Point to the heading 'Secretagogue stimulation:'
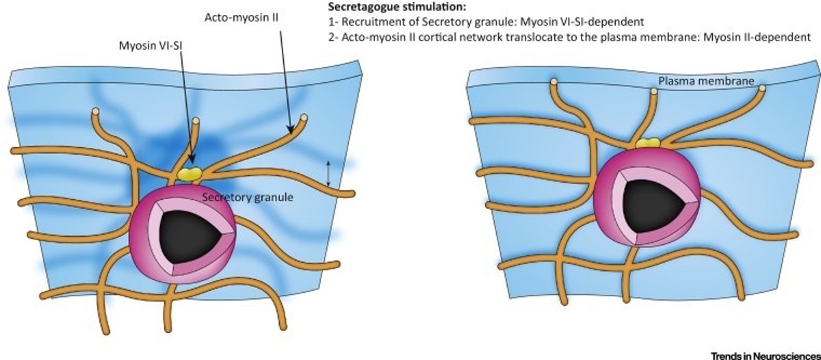[389, 8]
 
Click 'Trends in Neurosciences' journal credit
[764, 354]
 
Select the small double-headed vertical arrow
[328, 172]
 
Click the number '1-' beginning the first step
[333, 23]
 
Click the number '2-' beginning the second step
[333, 37]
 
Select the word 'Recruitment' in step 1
[370, 23]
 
